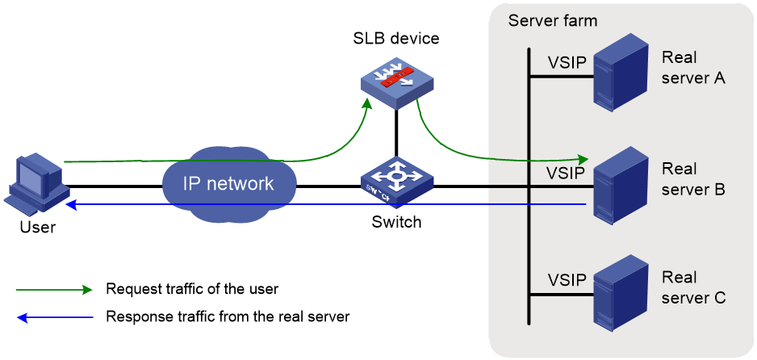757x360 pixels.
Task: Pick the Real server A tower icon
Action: pyautogui.click(x=621, y=73)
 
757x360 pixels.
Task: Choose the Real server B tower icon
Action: pyautogui.click(x=621, y=185)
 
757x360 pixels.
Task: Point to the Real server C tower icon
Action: pyautogui.click(x=621, y=294)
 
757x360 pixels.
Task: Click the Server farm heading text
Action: pyautogui.click(x=553, y=21)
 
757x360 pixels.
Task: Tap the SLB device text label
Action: pyautogui.click(x=395, y=38)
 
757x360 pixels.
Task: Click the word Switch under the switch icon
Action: pyautogui.click(x=396, y=222)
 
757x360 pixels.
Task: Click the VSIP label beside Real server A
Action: pyautogui.click(x=567, y=63)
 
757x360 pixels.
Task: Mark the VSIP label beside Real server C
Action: pyautogui.click(x=567, y=279)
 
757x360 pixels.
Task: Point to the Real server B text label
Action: pyautogui.click(x=693, y=179)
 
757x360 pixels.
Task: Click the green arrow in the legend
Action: pyautogui.click(x=54, y=290)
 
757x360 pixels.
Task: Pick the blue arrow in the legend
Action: pyautogui.click(x=54, y=317)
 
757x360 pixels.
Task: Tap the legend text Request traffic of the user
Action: pyautogui.click(x=192, y=290)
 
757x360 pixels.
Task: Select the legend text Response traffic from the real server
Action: pyautogui.click(x=228, y=317)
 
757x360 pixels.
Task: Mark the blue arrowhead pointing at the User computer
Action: pyautogui.click(x=71, y=204)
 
